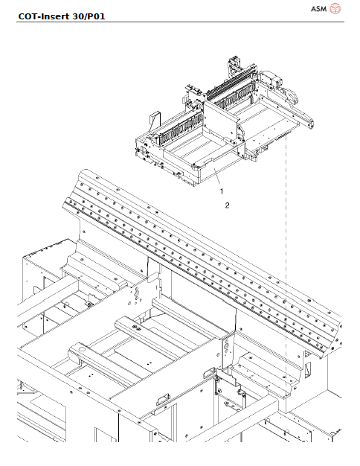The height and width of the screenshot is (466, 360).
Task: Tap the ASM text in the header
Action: pos(318,9)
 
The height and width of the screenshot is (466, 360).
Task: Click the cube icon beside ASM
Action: pos(335,9)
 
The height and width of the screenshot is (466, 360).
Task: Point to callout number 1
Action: pos(221,191)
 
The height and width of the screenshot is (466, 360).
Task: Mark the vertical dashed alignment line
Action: pos(286,246)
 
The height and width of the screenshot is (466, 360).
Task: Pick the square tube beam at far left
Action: pos(33,313)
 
